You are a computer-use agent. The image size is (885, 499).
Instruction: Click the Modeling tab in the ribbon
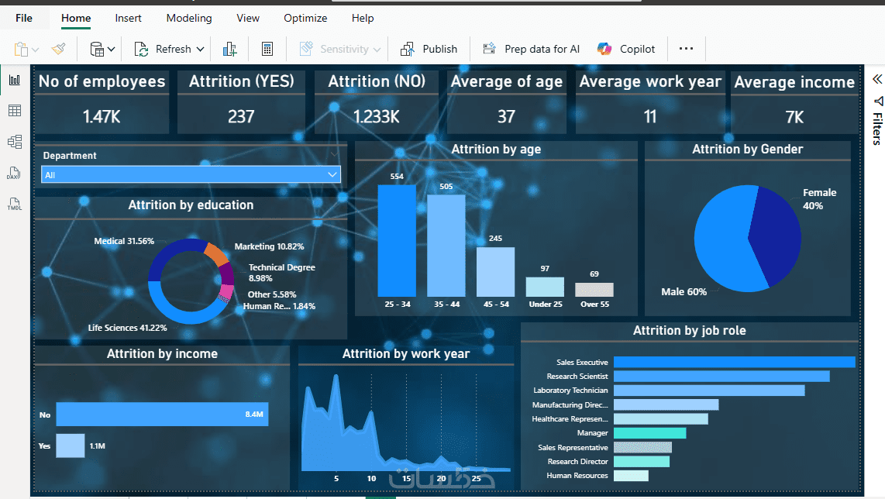click(x=189, y=18)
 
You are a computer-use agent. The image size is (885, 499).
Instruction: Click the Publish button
click(x=429, y=49)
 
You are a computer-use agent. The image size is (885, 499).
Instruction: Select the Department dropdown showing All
click(x=191, y=175)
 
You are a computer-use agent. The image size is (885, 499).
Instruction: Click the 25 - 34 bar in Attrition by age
click(x=397, y=240)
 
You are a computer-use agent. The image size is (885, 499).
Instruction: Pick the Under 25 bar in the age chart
click(x=545, y=287)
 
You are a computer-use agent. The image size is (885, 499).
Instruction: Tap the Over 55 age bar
click(x=594, y=289)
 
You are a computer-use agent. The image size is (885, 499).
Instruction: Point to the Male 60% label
click(x=684, y=292)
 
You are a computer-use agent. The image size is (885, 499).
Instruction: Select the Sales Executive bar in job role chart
click(x=734, y=362)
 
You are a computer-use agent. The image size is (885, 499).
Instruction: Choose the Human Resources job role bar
click(x=631, y=476)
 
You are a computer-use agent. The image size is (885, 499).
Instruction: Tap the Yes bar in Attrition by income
click(x=70, y=446)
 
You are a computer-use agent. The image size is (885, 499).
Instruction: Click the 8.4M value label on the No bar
click(x=254, y=415)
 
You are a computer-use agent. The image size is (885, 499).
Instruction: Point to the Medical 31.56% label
click(x=124, y=241)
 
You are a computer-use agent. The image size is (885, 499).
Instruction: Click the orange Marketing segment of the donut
click(x=215, y=253)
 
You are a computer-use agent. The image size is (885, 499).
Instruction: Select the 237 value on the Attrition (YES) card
click(x=241, y=116)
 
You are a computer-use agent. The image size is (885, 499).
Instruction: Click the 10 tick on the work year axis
click(x=371, y=479)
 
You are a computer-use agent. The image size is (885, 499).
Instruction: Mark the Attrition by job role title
click(x=689, y=331)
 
